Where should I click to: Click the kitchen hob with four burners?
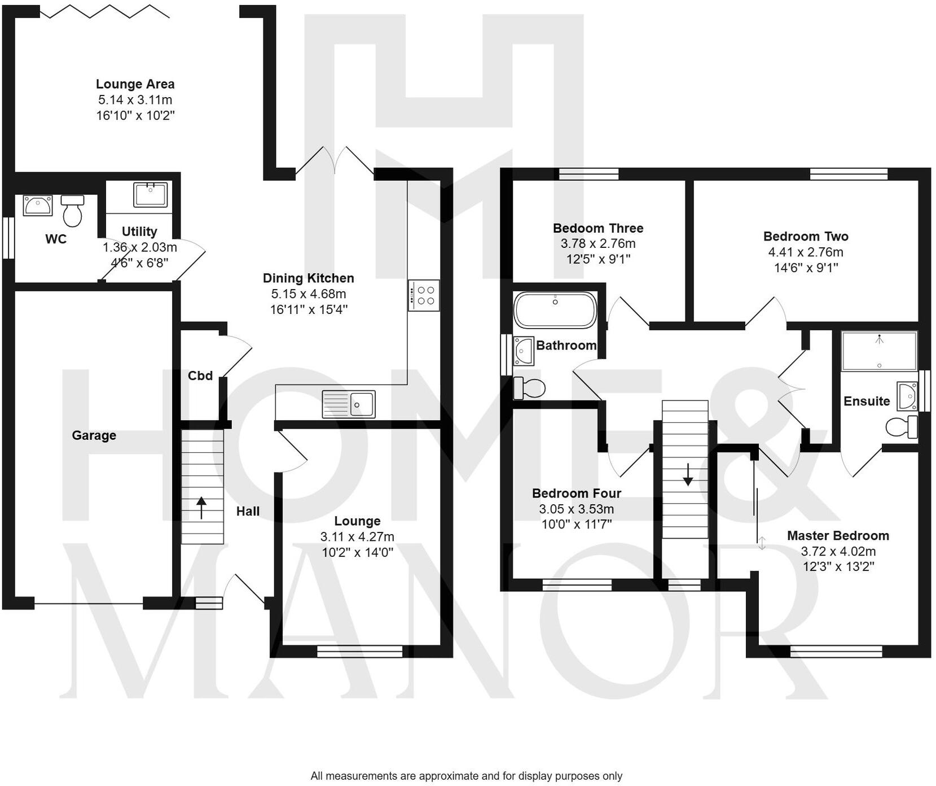(424, 295)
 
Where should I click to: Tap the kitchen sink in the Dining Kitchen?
(349, 404)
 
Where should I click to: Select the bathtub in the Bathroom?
(555, 310)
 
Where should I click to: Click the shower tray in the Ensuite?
(878, 351)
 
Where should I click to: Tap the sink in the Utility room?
(150, 195)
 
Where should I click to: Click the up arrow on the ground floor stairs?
(201, 507)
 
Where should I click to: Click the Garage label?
(94, 435)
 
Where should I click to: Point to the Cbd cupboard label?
(200, 376)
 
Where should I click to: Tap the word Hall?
(248, 512)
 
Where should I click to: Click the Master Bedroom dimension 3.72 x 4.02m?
(838, 552)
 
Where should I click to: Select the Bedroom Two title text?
(805, 237)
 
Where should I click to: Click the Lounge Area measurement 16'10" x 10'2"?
(135, 116)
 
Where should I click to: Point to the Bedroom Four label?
(576, 494)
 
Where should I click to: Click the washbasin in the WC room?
(38, 206)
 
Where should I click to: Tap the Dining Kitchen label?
(308, 278)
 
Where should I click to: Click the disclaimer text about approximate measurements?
(466, 776)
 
